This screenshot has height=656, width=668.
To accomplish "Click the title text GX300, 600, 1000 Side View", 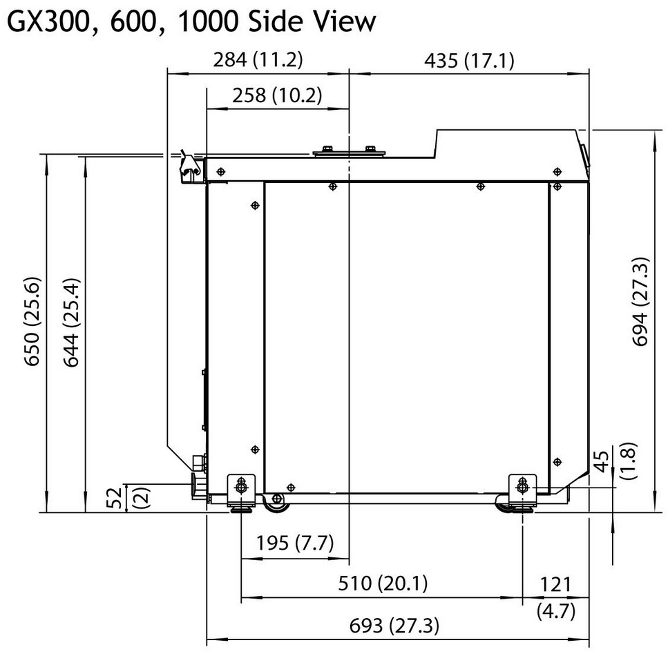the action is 192,21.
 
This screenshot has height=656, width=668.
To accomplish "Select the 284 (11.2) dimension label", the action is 258,59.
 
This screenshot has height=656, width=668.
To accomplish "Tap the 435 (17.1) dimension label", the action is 469,60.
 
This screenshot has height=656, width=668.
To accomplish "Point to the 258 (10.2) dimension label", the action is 277,95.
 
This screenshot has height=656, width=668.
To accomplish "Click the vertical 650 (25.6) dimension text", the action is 32,322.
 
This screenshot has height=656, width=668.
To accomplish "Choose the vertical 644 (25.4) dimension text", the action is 72,322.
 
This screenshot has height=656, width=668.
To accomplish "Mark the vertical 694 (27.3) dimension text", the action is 640,302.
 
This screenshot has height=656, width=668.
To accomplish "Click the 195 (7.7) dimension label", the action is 295,543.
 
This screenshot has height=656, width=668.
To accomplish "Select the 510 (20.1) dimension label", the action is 383,583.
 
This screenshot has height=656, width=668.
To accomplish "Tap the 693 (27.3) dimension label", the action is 394,626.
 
